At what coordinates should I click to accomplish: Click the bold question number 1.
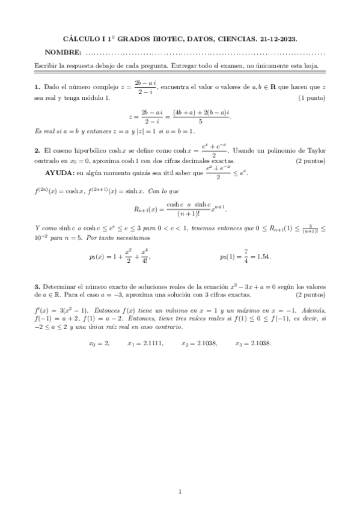[x=37, y=87]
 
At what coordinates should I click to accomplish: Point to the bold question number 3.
[x=37, y=287]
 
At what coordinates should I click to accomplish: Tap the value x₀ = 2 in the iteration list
[x=99, y=343]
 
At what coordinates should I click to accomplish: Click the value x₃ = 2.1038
[x=252, y=343]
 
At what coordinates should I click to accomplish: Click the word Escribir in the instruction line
[x=47, y=65]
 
